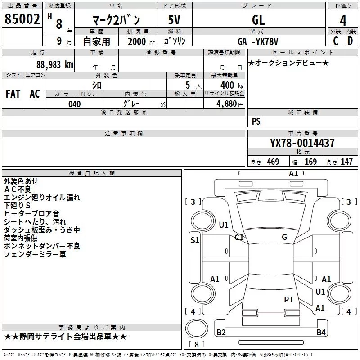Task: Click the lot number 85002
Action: point(22,19)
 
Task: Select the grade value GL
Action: point(258,19)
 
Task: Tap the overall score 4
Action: point(343,21)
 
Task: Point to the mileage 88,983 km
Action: point(52,64)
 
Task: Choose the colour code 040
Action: point(74,104)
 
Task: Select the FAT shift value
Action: point(13,94)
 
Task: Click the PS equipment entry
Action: point(256,121)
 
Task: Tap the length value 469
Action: point(273,162)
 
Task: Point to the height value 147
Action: point(346,162)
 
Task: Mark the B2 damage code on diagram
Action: point(221,333)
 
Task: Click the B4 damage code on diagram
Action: point(321,333)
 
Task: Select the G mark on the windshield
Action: point(284,237)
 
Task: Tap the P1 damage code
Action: point(288,299)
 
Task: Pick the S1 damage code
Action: point(194,240)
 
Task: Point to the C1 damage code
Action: point(239,237)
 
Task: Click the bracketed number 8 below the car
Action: point(196,345)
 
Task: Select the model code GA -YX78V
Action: point(260,41)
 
